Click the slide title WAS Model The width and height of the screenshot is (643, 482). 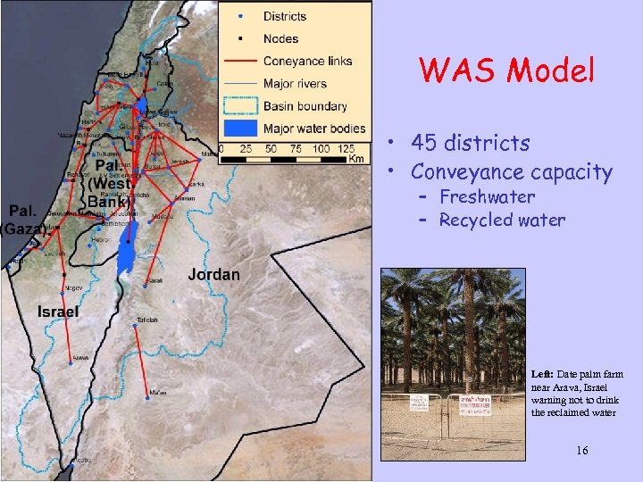point(506,71)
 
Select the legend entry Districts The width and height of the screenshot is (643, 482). point(285,16)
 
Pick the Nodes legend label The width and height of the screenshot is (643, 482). point(280,38)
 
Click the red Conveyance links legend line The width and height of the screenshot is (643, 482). point(240,62)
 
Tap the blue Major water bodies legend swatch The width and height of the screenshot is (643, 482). point(239,129)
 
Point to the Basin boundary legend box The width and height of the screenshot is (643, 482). point(239,106)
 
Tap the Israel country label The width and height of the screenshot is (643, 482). point(58,312)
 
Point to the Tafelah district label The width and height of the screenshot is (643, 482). point(147,320)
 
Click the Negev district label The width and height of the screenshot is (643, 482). point(74,288)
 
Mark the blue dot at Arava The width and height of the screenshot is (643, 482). point(71,364)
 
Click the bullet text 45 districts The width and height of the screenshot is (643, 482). point(470,144)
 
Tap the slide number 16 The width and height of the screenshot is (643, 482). point(582,451)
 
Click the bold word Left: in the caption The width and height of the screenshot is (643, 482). point(543,375)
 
